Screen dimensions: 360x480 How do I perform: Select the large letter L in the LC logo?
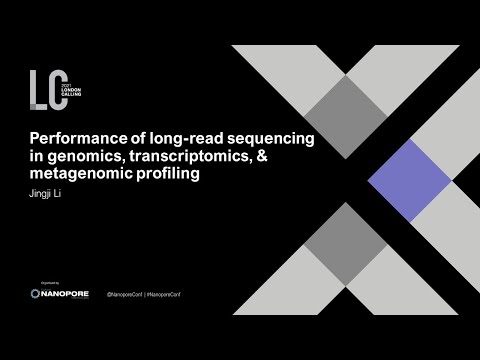[39, 88]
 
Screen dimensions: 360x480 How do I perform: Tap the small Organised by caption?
[43, 285]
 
